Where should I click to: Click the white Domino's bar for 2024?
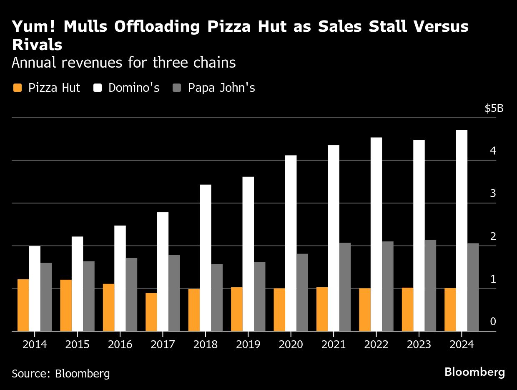462,230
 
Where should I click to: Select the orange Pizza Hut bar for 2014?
23,305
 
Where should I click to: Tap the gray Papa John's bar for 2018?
217,297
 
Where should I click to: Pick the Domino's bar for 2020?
291,243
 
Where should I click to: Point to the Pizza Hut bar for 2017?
151,312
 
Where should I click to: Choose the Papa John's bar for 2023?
430,285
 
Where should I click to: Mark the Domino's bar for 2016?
120,278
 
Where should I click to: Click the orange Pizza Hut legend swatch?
18,88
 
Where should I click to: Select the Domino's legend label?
134,88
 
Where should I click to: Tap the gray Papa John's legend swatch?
177,88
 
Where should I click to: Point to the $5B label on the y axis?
494,109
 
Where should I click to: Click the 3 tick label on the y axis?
493,193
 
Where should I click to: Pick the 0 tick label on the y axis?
493,322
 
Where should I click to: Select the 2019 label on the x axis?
248,344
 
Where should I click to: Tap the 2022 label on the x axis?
376,344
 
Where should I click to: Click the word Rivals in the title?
37,45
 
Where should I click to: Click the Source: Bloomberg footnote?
61,373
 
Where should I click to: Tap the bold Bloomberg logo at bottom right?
474,372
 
